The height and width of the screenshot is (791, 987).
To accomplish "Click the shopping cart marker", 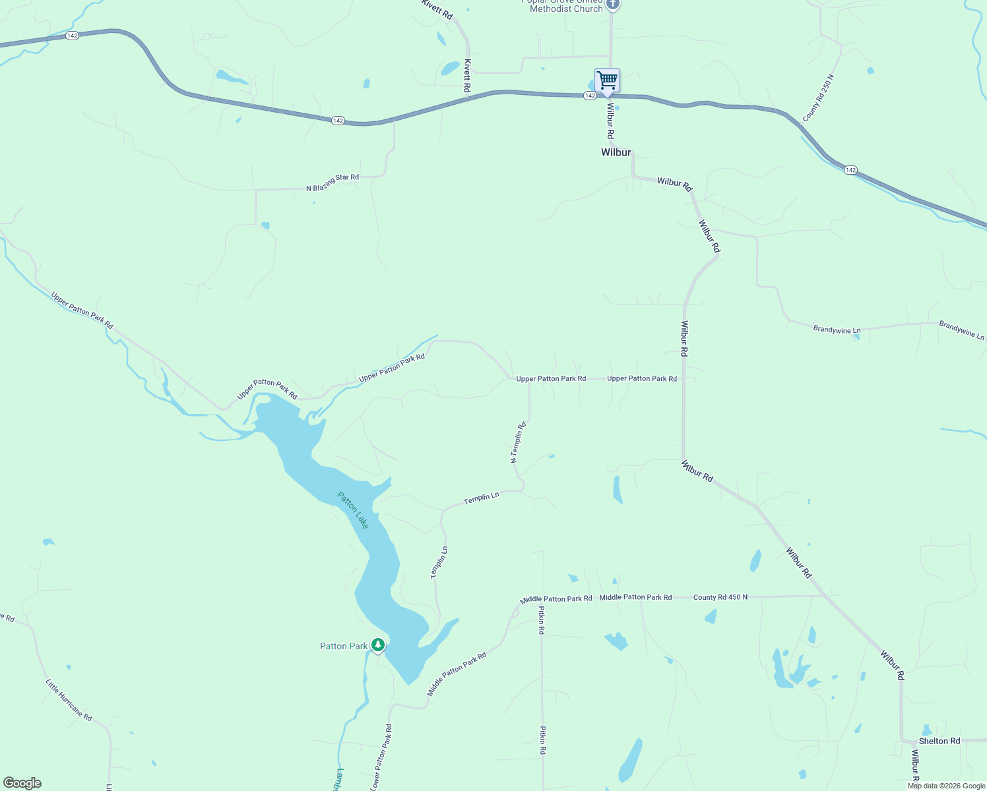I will (x=607, y=81).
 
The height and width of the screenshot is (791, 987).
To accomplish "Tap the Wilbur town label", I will (x=616, y=152).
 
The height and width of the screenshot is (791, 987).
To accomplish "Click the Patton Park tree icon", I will (x=378, y=645).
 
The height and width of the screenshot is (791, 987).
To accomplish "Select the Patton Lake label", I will (x=353, y=510).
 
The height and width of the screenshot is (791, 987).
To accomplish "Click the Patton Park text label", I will (x=344, y=646).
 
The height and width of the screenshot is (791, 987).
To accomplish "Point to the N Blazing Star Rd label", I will (x=333, y=183).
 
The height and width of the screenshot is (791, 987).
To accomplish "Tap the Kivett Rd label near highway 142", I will (x=467, y=75).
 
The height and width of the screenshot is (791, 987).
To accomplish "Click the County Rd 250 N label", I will (x=818, y=98).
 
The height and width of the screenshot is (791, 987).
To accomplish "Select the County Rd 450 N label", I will (x=720, y=597).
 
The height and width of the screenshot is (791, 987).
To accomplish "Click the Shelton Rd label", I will (x=939, y=741).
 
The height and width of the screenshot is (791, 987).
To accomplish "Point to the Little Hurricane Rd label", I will (x=69, y=699).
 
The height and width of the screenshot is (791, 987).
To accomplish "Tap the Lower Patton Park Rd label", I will (x=381, y=757).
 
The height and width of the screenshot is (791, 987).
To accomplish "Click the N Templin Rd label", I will (x=519, y=442).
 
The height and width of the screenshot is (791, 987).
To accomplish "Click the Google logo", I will (x=22, y=783).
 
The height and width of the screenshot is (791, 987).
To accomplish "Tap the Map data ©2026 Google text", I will (x=946, y=786).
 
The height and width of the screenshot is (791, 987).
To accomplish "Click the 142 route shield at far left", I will (x=73, y=36).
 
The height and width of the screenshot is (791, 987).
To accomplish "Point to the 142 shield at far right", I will (x=850, y=170).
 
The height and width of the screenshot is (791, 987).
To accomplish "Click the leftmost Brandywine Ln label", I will (x=837, y=330).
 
